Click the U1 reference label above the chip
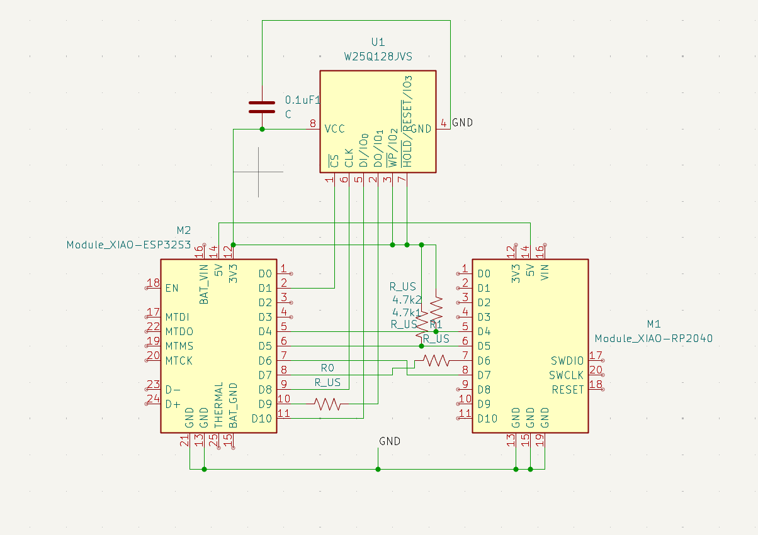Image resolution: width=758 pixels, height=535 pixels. [x=378, y=42]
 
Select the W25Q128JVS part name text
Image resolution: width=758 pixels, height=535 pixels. [x=378, y=57]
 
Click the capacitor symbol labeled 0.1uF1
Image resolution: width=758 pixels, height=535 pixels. [x=262, y=107]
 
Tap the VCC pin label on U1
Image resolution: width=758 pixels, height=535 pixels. [x=334, y=129]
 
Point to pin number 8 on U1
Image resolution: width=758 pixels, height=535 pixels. [x=313, y=124]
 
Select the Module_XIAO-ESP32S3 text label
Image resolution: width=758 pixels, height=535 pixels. [x=128, y=245]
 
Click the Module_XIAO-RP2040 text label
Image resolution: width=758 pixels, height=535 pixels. [x=653, y=338]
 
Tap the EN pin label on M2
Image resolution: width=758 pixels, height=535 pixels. [x=171, y=289]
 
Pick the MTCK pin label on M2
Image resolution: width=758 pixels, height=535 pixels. [x=179, y=361]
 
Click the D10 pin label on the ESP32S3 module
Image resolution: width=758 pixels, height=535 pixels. [x=261, y=419]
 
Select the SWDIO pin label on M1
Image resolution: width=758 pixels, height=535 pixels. [x=567, y=361]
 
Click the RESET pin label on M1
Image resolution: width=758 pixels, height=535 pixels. [x=568, y=390]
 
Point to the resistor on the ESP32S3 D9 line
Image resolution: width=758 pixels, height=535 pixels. [x=328, y=404]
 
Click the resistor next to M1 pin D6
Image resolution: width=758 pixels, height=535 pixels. [x=436, y=360]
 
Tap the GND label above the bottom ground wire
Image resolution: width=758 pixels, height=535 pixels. [x=390, y=441]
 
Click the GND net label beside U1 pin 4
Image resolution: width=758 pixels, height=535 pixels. [x=462, y=123]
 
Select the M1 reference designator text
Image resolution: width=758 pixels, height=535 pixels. [x=653, y=324]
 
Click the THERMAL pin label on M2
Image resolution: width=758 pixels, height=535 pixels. [x=218, y=406]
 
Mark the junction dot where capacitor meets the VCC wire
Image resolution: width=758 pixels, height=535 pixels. [x=262, y=130]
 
